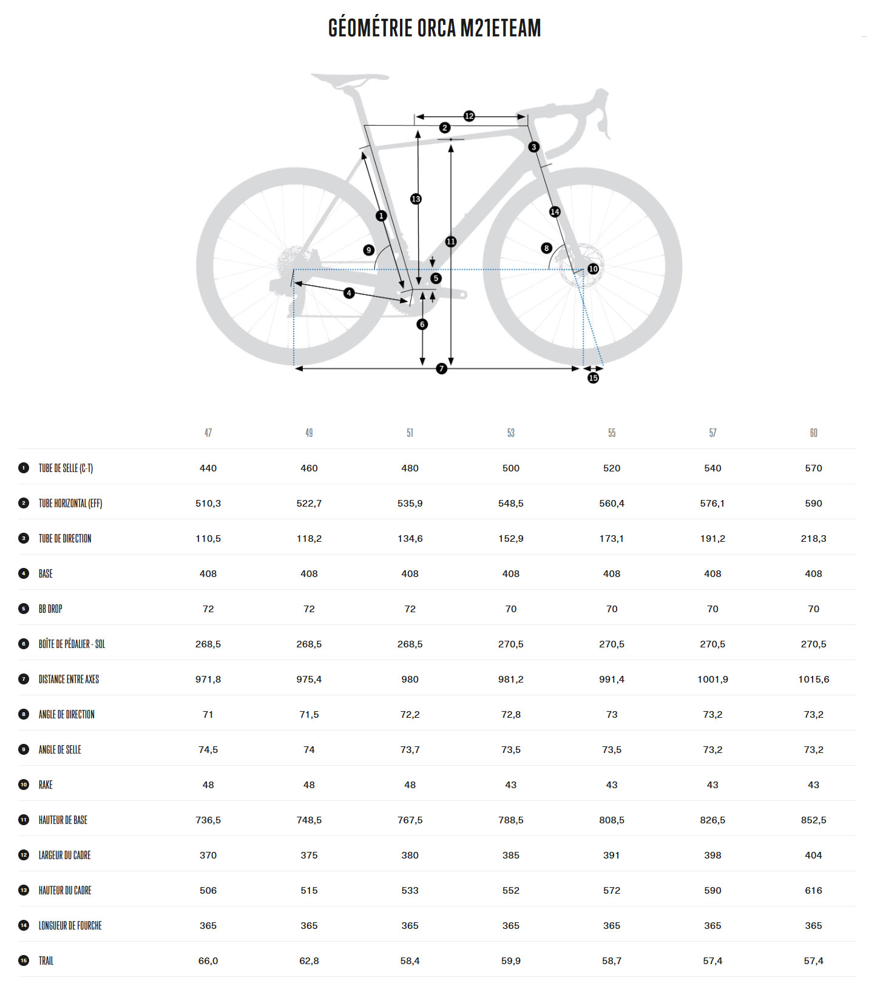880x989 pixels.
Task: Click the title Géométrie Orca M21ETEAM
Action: (x=435, y=28)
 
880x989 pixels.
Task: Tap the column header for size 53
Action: (x=511, y=433)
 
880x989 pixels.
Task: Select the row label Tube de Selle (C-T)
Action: (x=66, y=468)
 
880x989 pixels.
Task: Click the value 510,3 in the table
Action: (x=208, y=504)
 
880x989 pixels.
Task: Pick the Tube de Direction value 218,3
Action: (x=813, y=539)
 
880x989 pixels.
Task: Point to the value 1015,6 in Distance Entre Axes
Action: (x=813, y=680)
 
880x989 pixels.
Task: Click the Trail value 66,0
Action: (x=208, y=961)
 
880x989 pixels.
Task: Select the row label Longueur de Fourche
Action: (x=70, y=926)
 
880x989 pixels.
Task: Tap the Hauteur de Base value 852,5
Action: (x=813, y=820)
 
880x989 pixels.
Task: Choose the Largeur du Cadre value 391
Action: (x=612, y=856)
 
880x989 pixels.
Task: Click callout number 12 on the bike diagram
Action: (x=469, y=116)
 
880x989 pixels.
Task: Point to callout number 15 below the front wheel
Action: (x=593, y=378)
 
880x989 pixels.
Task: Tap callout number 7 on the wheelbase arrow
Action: (x=442, y=368)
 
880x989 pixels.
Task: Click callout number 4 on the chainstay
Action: (x=349, y=293)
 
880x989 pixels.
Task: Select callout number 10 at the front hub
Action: (x=593, y=269)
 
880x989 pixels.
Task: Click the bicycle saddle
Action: (x=349, y=79)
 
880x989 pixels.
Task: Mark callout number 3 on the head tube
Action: (x=533, y=147)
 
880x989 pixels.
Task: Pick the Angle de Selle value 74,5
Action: (x=208, y=750)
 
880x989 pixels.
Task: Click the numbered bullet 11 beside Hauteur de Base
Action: (x=24, y=820)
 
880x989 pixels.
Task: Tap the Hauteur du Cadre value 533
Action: (x=410, y=891)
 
